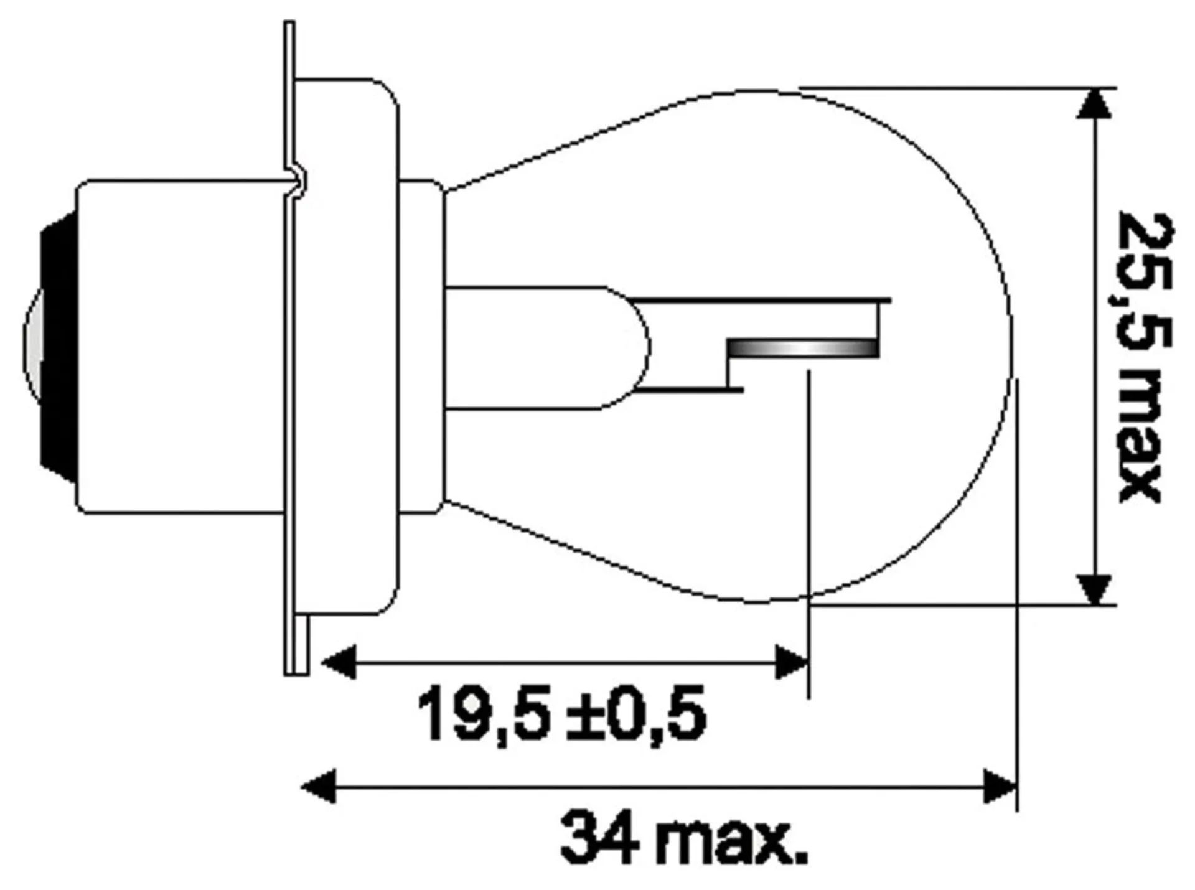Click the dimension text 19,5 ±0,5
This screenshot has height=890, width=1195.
tap(561, 714)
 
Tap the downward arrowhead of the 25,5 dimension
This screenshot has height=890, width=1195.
tap(1094, 589)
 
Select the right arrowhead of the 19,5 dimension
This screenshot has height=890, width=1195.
tap(792, 662)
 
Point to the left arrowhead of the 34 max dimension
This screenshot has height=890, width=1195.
tap(319, 787)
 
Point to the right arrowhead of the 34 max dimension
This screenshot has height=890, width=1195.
tap(999, 787)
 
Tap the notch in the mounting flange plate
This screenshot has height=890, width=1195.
tap(299, 180)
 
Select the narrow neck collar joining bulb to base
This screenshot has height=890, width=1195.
tap(421, 347)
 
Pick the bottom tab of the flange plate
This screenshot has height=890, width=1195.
tap(297, 647)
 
